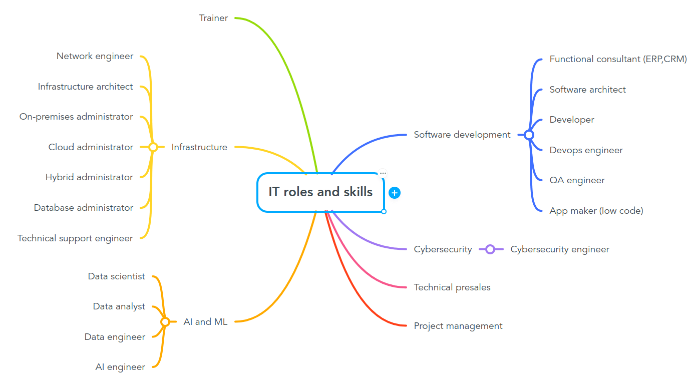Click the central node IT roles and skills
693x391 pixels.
click(x=320, y=192)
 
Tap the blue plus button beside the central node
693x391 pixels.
click(x=395, y=193)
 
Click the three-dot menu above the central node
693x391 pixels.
click(x=383, y=173)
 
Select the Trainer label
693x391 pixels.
click(x=213, y=18)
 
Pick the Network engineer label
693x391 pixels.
click(x=95, y=56)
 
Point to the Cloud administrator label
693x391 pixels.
click(x=91, y=147)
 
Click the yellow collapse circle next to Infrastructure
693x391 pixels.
click(x=153, y=147)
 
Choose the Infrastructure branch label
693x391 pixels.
click(x=199, y=147)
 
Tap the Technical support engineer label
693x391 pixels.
click(x=75, y=238)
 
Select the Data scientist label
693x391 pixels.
click(x=116, y=276)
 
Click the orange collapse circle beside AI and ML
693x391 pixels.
click(x=165, y=322)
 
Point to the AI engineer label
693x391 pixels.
click(x=120, y=367)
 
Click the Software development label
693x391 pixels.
click(x=462, y=135)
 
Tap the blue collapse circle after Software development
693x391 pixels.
click(x=529, y=135)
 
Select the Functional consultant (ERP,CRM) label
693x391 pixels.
click(x=618, y=59)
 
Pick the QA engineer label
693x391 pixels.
click(x=577, y=180)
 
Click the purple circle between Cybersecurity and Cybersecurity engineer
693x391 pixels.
click(x=490, y=249)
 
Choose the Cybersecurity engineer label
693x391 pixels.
click(x=560, y=249)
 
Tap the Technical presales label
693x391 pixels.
click(x=452, y=287)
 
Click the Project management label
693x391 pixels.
click(x=458, y=326)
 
